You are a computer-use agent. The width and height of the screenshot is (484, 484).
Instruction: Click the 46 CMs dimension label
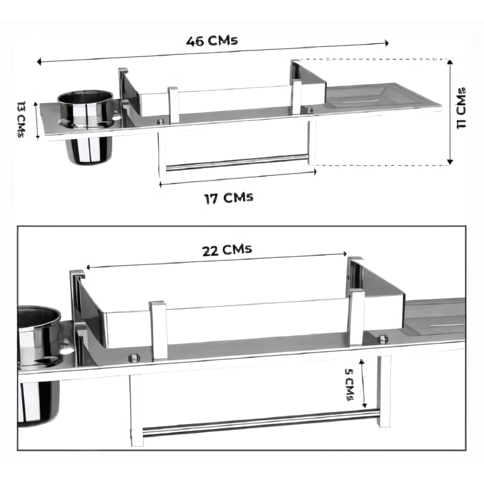click(212, 41)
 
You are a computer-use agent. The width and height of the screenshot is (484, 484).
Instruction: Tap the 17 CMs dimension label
click(229, 198)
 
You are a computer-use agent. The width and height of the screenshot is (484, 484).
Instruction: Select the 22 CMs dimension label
click(227, 250)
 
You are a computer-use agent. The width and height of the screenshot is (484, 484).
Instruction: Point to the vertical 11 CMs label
click(462, 108)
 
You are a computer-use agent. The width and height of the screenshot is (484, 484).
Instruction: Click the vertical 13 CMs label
click(21, 119)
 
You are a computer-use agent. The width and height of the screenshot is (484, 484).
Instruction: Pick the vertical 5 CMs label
click(350, 385)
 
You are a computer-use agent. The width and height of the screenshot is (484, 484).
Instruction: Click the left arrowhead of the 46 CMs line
click(39, 61)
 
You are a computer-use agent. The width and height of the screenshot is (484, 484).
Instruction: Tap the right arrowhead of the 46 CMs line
click(386, 43)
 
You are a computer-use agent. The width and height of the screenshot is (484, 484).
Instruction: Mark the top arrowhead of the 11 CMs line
click(450, 62)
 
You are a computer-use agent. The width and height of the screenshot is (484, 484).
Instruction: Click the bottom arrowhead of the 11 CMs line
click(450, 162)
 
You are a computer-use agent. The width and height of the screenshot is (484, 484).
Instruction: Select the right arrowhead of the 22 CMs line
click(345, 254)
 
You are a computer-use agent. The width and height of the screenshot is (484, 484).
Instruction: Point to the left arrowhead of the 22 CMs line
click(88, 267)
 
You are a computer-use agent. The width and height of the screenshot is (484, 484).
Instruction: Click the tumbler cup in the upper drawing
click(86, 126)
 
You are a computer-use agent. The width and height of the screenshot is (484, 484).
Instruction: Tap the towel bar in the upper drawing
click(237, 162)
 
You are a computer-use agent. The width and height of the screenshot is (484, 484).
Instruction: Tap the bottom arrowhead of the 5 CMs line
click(364, 405)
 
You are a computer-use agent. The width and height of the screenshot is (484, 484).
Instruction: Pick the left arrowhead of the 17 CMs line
click(160, 185)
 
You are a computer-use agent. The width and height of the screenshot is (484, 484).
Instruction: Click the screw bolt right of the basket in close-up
click(383, 339)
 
